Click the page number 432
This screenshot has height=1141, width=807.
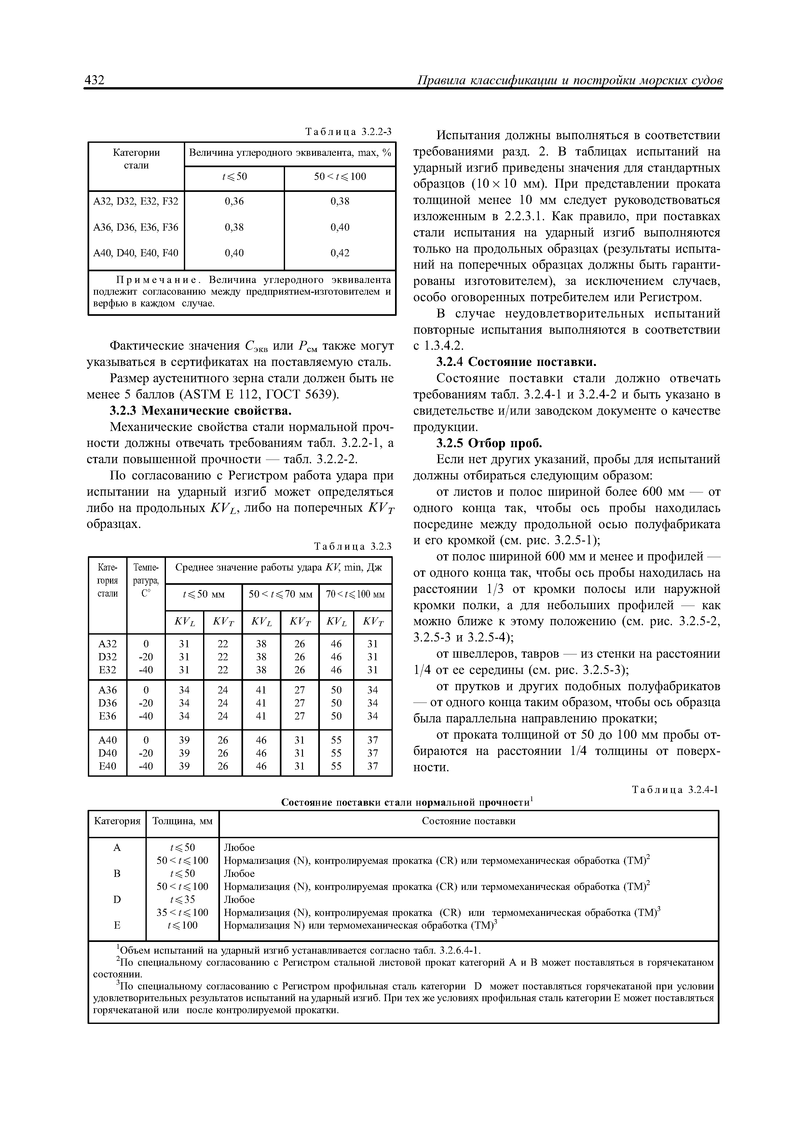click(95, 80)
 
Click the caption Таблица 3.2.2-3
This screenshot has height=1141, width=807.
click(348, 132)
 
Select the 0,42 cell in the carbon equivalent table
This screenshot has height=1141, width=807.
click(340, 253)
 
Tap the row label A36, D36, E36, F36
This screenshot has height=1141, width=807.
click(136, 227)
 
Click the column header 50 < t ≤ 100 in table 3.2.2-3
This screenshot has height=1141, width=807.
click(340, 177)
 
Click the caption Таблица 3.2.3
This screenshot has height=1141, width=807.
click(353, 547)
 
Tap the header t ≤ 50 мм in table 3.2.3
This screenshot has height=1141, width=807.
click(204, 594)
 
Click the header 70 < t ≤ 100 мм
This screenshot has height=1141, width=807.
click(355, 594)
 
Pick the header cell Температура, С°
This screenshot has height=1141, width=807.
click(146, 580)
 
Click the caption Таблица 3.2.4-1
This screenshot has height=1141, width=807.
click(675, 790)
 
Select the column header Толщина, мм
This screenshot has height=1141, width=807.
click(182, 821)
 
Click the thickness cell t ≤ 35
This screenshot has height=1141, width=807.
click(182, 899)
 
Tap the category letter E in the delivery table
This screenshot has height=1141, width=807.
click(117, 925)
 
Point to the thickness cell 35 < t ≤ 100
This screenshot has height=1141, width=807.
click(182, 912)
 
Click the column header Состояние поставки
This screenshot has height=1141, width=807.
click(468, 821)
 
